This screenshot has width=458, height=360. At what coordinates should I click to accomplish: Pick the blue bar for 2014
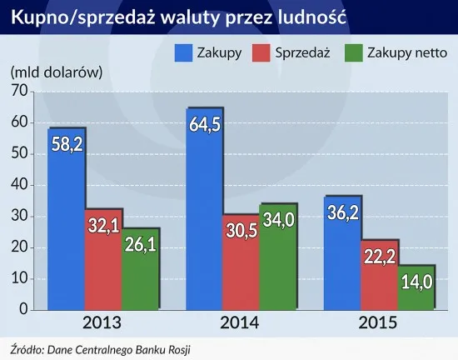(x=205, y=208)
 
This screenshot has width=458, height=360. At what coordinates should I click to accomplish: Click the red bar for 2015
(x=379, y=275)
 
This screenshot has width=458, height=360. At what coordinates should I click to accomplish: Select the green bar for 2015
(x=415, y=287)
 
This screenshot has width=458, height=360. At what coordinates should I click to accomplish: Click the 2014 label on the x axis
(x=241, y=322)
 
